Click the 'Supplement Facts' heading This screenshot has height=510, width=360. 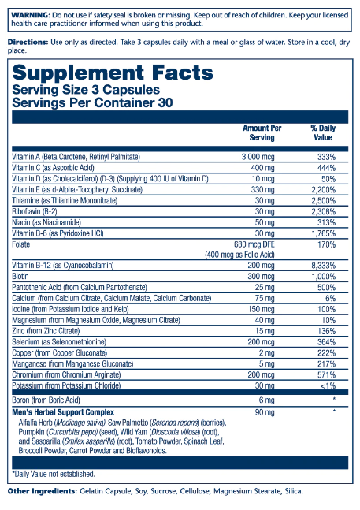[x=113, y=73]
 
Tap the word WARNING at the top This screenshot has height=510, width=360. [x=31, y=15]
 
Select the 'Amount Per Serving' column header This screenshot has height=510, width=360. [x=262, y=132]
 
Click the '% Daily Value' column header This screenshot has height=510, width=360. [x=323, y=132]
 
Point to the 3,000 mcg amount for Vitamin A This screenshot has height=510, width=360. [x=258, y=157]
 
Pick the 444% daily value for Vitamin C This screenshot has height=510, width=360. [x=327, y=168]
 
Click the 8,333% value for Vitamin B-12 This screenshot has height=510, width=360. [x=324, y=266]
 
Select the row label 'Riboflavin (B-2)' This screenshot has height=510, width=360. [x=35, y=212]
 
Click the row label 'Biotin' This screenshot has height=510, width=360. [x=20, y=277]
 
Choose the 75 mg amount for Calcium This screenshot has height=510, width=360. [x=265, y=299]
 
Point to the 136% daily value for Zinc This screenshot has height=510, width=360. [x=327, y=331]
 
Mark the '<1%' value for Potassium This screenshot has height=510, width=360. [x=328, y=385]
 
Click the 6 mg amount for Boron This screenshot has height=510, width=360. [x=267, y=400]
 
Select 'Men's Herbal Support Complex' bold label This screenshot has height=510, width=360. [x=63, y=412]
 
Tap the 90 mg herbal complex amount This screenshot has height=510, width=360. [x=265, y=413]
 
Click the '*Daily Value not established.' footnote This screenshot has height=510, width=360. [x=54, y=474]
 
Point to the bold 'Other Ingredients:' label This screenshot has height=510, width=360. [x=43, y=491]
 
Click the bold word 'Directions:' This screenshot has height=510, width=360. [x=28, y=43]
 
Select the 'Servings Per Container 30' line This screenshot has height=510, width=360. [x=93, y=102]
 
